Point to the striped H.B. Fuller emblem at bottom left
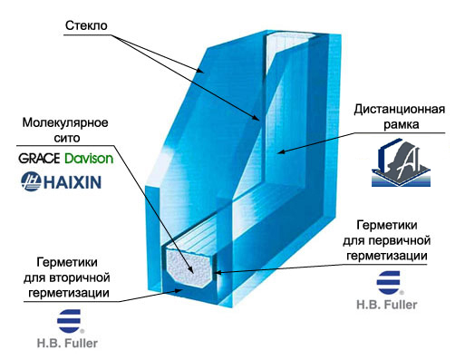[x=67, y=322]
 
